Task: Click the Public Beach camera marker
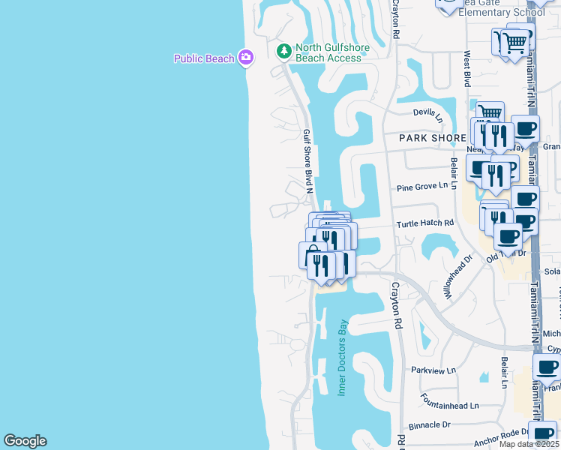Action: click(x=246, y=57)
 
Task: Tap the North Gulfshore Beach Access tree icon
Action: click(x=283, y=51)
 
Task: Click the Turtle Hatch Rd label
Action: click(x=426, y=223)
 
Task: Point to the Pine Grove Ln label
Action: click(x=428, y=185)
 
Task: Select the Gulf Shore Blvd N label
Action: click(x=307, y=161)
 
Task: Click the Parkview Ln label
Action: click(x=433, y=370)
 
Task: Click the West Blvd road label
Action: click(x=466, y=67)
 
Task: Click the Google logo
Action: click(x=25, y=441)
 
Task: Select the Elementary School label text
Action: click(x=501, y=12)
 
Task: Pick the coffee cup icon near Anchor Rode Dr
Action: click(x=542, y=433)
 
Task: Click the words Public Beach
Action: click(x=204, y=58)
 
